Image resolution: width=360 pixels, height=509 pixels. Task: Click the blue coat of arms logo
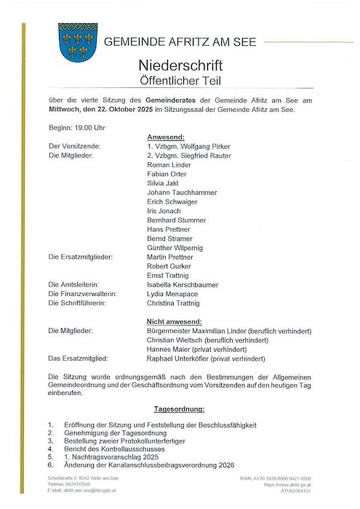pos(78,41)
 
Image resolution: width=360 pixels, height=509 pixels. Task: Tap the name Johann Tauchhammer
pos(183,193)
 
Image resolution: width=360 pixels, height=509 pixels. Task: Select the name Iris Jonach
pos(165,211)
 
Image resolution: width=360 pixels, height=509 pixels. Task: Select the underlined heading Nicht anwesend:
pos(174,321)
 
